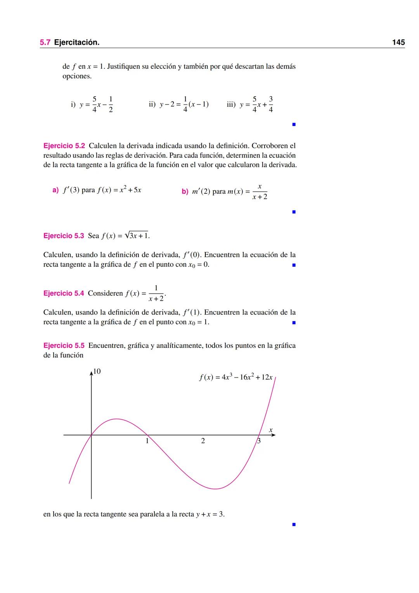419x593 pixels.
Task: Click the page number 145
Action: click(398, 42)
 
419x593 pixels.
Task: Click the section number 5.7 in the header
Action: click(45, 42)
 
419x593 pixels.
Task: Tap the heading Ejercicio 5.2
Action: click(64, 146)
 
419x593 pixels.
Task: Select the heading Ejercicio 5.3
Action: click(64, 236)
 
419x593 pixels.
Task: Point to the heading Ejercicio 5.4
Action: click(64, 294)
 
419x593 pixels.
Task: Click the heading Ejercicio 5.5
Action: click(64, 346)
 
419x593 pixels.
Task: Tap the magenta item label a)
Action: click(55, 190)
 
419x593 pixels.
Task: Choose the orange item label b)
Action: click(185, 191)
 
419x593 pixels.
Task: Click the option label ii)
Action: click(152, 104)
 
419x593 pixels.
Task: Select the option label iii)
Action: click(231, 104)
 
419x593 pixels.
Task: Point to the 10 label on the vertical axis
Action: click(97, 371)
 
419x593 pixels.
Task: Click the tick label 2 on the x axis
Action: click(203, 441)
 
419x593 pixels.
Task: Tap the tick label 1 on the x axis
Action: click(147, 441)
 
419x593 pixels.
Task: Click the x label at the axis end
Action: click(271, 430)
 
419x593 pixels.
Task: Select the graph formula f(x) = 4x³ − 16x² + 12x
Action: click(236, 377)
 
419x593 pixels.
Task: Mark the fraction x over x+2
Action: click(260, 192)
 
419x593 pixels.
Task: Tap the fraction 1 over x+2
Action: click(156, 294)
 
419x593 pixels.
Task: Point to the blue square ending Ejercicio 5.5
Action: click(294, 524)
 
